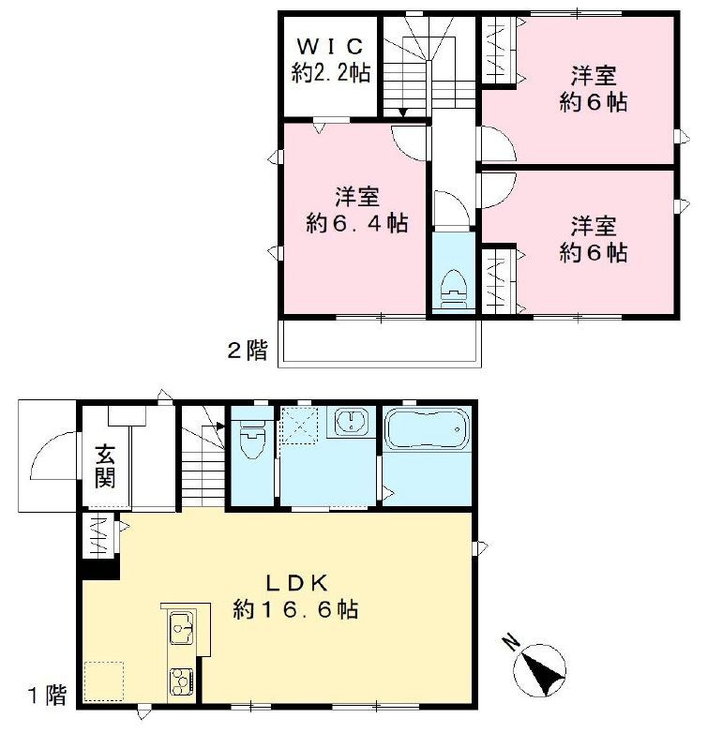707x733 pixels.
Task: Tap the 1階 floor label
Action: click(46, 696)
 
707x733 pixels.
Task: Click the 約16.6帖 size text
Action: click(294, 609)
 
